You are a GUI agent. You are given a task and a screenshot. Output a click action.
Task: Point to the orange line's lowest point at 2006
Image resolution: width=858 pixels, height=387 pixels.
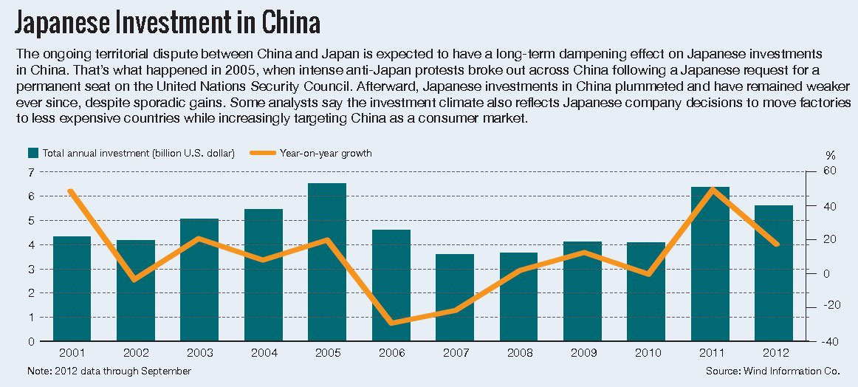pos(391,323)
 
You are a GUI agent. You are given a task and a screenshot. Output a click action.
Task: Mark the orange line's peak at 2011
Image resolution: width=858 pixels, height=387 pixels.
pos(710,189)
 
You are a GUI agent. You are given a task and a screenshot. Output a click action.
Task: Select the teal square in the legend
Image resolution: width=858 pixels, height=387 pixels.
pos(33,154)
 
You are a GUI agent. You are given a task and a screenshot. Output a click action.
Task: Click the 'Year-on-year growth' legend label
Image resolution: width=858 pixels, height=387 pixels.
pos(325,154)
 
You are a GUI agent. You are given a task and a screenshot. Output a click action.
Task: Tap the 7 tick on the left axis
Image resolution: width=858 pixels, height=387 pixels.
pos(31,172)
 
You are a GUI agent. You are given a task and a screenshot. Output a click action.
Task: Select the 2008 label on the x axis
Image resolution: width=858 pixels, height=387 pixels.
pos(518,354)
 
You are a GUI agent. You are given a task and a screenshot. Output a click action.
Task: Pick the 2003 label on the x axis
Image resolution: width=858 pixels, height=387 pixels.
pos(199,354)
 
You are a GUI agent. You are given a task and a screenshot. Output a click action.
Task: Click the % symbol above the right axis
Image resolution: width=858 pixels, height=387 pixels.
pos(831,155)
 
